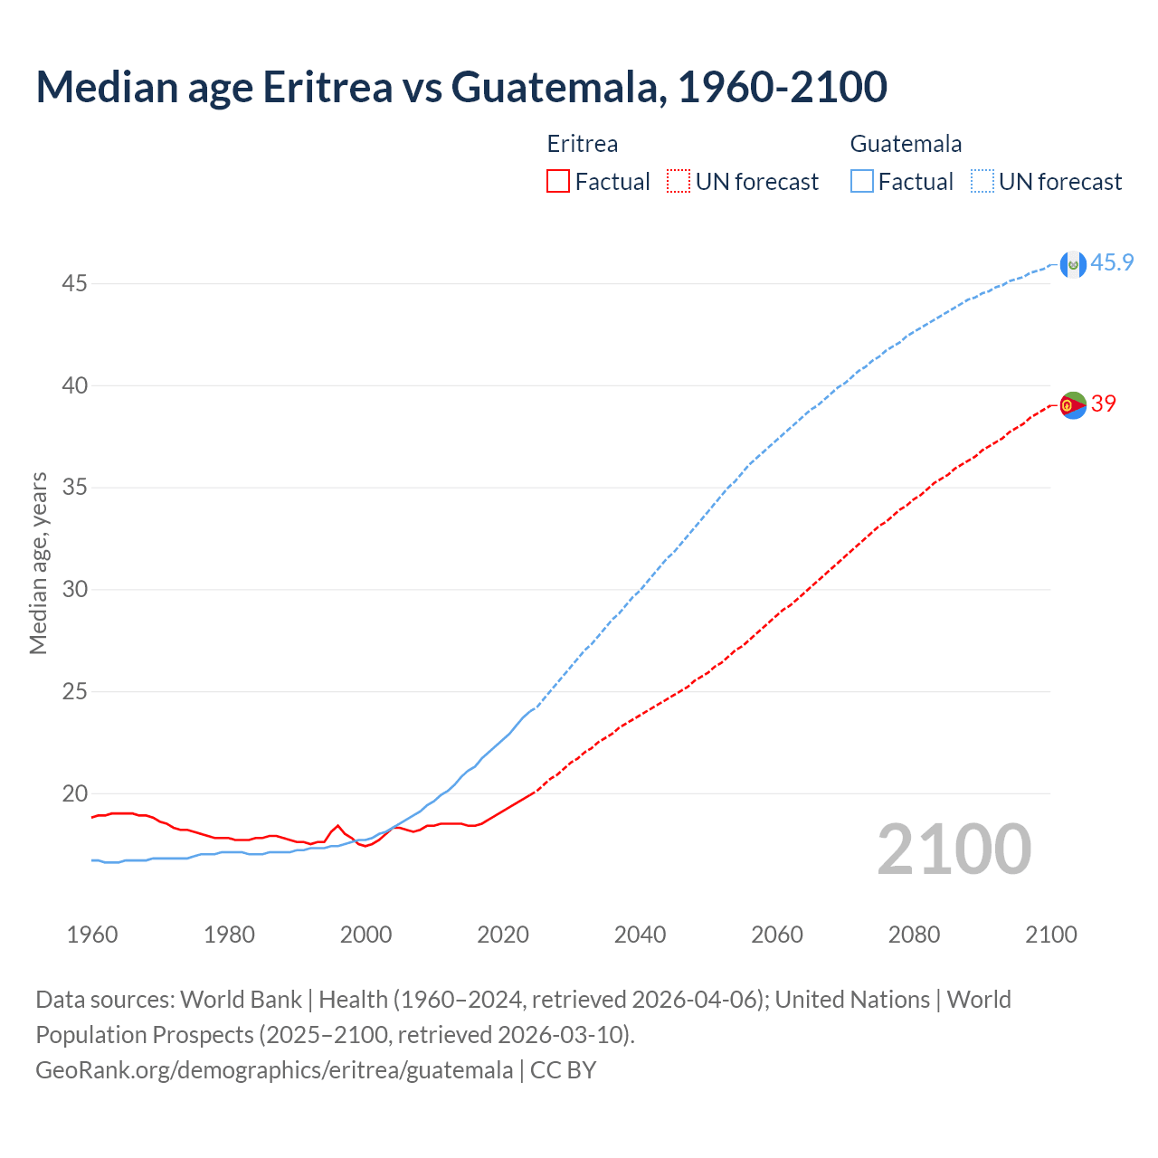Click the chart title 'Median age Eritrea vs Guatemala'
[x=461, y=87]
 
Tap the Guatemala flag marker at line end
[x=1073, y=264]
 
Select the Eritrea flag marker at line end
[x=1073, y=405]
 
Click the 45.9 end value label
[x=1112, y=263]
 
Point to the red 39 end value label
[x=1104, y=404]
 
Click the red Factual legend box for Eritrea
[x=558, y=182]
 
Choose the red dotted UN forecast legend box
[x=679, y=182]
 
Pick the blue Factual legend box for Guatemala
[x=862, y=182]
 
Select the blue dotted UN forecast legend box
[x=982, y=182]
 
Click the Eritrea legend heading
[x=583, y=144]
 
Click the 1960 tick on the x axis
[x=92, y=935]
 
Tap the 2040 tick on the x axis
[x=640, y=935]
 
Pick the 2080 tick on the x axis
[x=914, y=935]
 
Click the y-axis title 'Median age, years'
[x=38, y=563]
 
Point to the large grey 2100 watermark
[x=954, y=850]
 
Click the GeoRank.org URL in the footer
[x=274, y=1070]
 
